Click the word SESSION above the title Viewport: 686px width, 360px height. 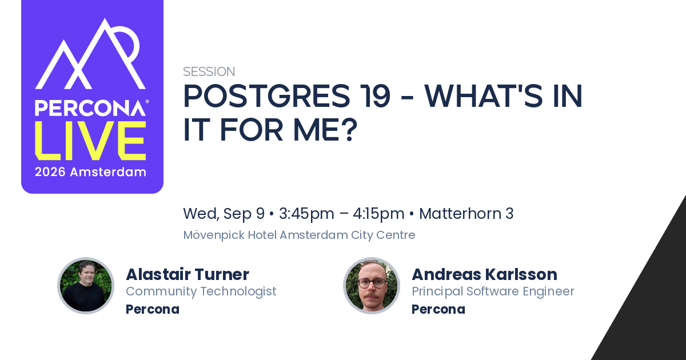(x=209, y=71)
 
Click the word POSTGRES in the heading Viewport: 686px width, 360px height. (x=266, y=96)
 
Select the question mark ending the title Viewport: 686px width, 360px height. (x=350, y=130)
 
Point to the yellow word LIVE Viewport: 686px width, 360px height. (x=90, y=141)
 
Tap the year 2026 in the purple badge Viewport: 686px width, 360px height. (x=50, y=172)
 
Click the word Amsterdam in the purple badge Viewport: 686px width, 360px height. (x=108, y=172)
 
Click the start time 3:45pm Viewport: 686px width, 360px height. (x=306, y=214)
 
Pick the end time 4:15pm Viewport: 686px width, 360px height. (x=378, y=214)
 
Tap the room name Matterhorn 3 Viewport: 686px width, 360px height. (x=466, y=213)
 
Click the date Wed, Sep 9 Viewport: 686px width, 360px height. (x=224, y=214)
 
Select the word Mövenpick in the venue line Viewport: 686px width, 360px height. (x=214, y=235)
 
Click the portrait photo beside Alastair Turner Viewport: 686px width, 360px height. (x=86, y=286)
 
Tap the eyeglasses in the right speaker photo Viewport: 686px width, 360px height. (x=372, y=283)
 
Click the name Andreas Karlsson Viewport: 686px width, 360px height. (x=485, y=274)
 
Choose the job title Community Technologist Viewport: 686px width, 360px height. (x=201, y=291)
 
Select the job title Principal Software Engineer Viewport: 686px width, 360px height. (x=493, y=291)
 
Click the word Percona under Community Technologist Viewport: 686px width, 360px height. (x=153, y=309)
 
